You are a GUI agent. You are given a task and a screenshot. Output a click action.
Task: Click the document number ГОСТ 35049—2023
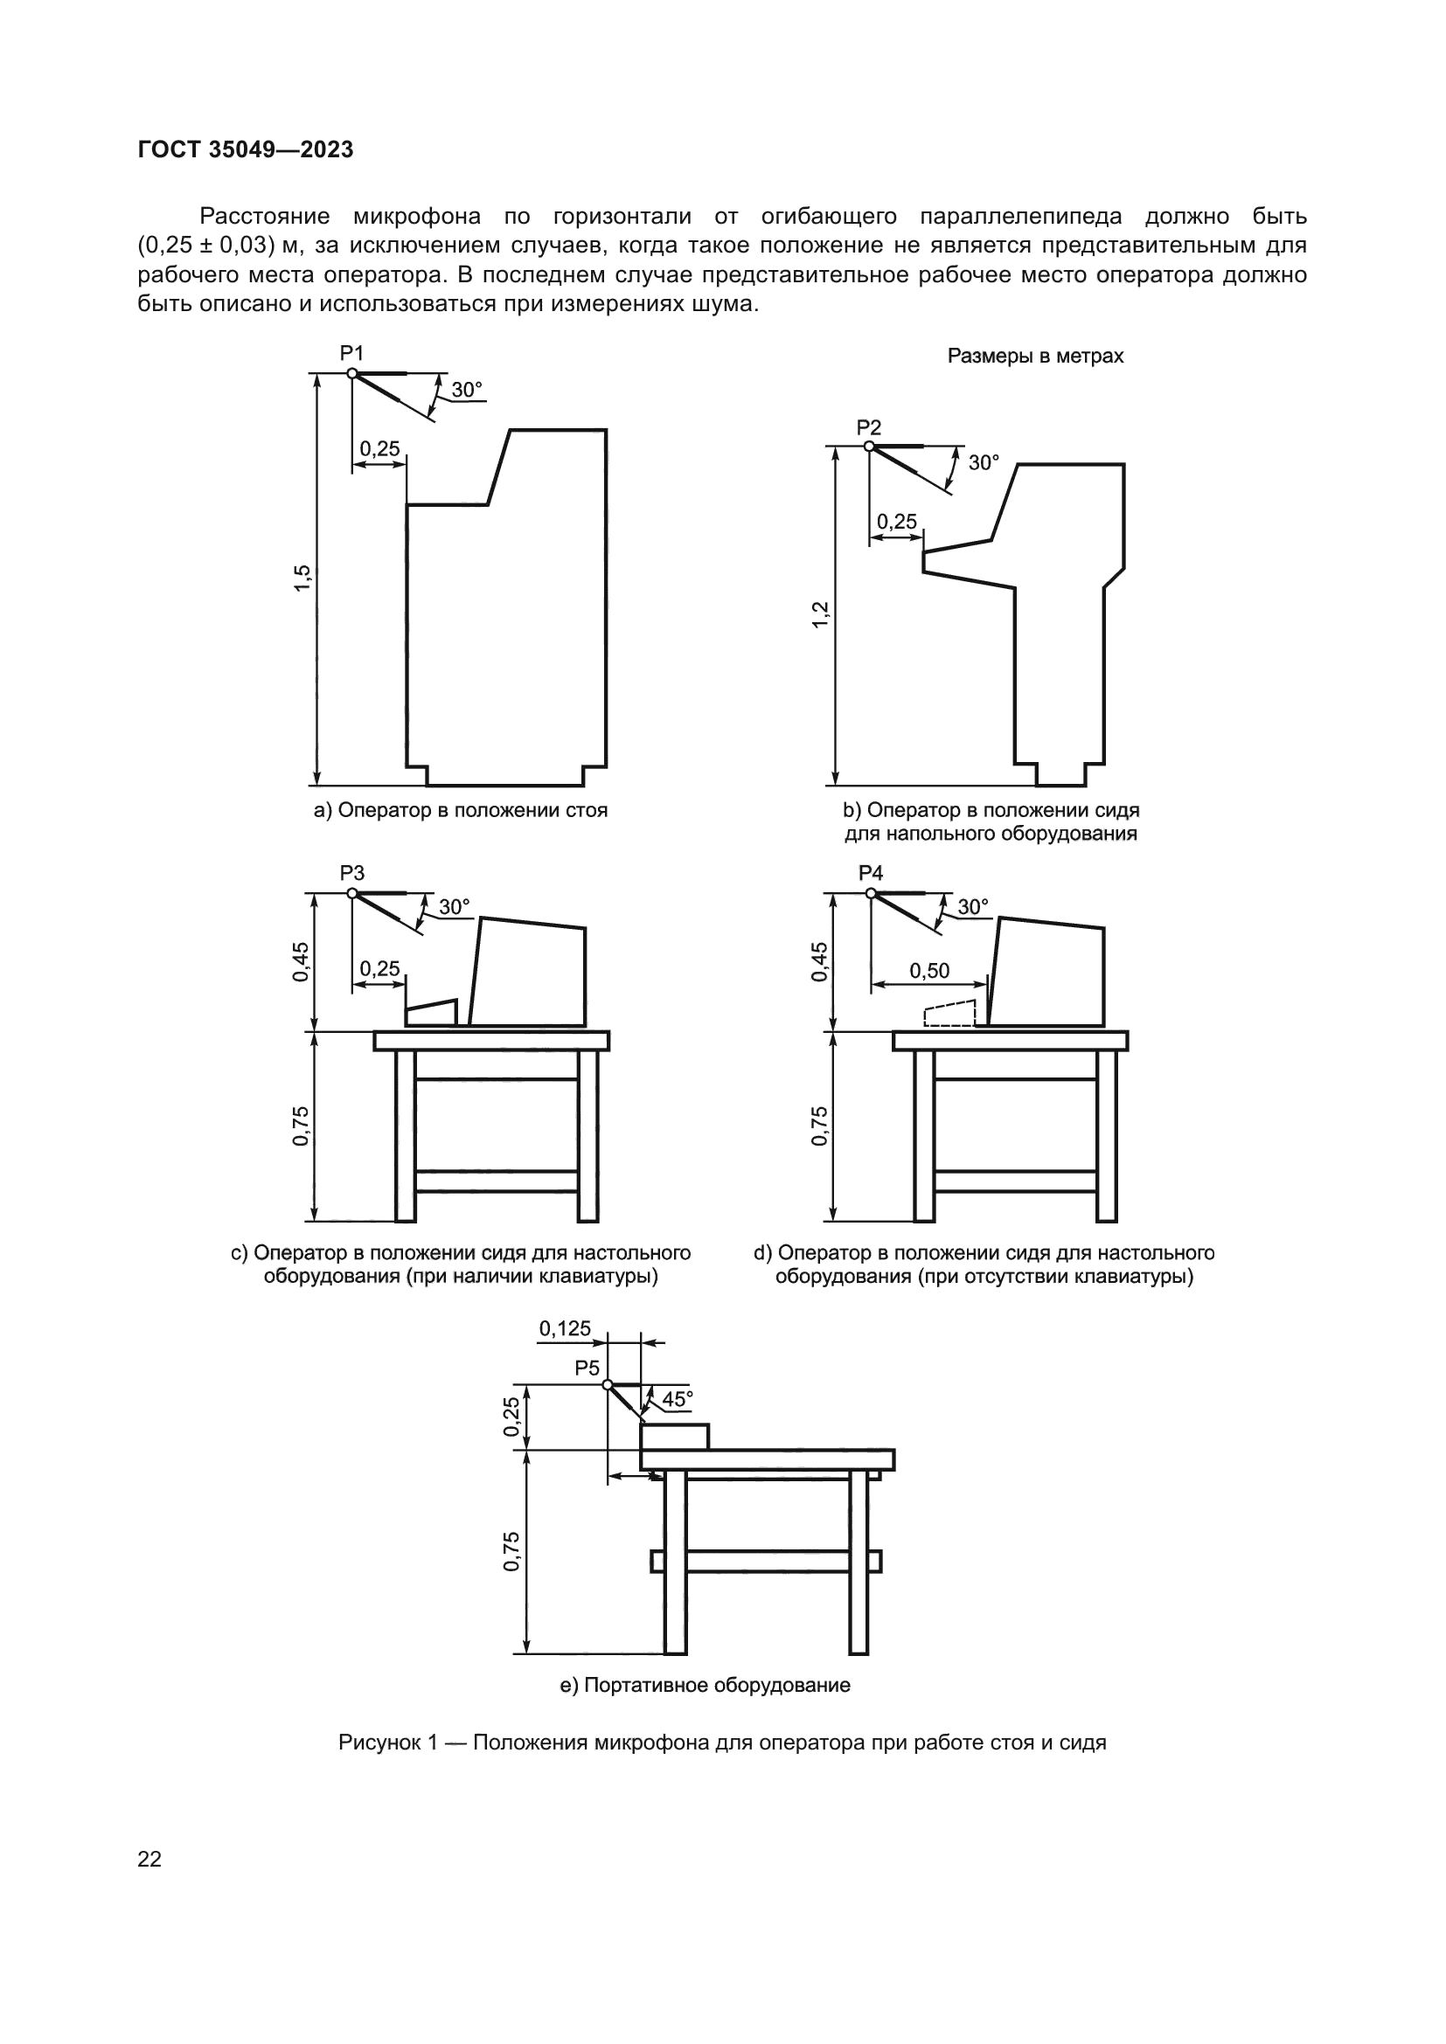(246, 149)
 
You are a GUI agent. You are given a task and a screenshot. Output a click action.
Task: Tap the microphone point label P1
(351, 353)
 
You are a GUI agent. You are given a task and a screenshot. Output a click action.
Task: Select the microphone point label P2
(868, 427)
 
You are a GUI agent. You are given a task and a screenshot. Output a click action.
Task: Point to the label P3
(351, 873)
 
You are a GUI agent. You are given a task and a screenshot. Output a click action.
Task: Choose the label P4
(870, 873)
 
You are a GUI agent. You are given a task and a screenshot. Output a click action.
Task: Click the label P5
(587, 1368)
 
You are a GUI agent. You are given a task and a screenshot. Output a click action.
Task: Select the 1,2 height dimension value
(820, 614)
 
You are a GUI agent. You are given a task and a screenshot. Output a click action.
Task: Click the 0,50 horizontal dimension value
(928, 970)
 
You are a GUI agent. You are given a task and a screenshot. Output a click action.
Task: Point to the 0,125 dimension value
(565, 1329)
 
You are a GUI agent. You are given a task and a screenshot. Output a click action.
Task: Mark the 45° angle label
(677, 1399)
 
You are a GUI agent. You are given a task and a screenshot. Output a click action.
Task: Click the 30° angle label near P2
(984, 463)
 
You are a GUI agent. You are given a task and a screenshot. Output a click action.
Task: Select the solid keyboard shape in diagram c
(432, 1013)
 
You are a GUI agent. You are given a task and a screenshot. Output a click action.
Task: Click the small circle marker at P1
(352, 374)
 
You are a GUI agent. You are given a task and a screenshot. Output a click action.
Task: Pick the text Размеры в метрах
(1034, 356)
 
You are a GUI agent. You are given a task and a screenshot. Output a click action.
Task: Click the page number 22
(149, 1859)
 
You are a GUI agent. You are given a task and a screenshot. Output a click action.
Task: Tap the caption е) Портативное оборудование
(705, 1685)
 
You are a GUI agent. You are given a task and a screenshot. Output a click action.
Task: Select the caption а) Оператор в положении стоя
(461, 810)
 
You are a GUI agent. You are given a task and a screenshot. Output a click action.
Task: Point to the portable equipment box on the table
(675, 1437)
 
